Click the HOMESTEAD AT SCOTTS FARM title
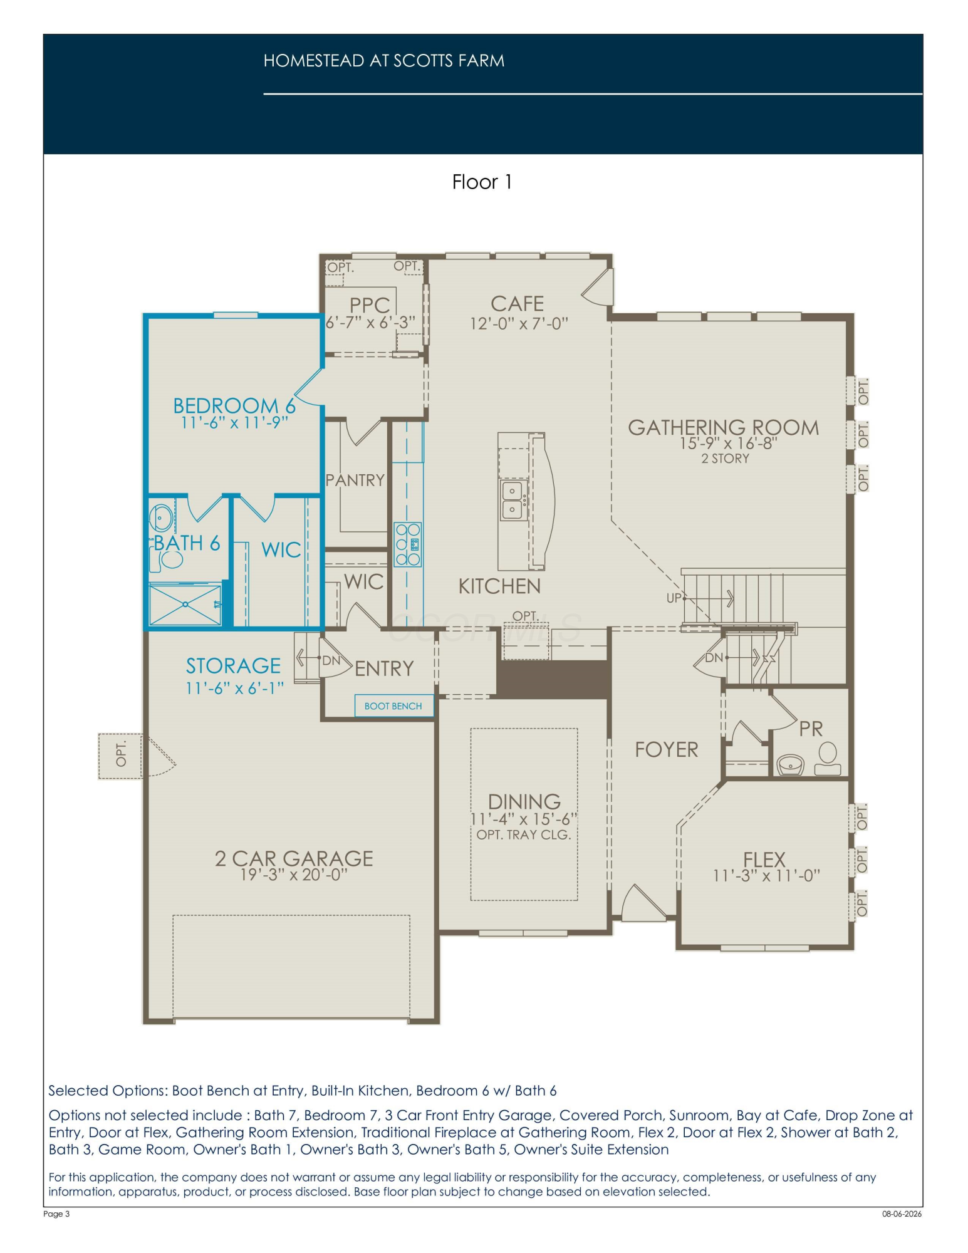[x=383, y=61]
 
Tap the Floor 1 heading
[x=482, y=182]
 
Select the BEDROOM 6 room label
[x=234, y=405]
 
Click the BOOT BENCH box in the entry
[x=393, y=706]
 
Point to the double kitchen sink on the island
[x=513, y=500]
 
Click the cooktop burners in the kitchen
[x=407, y=544]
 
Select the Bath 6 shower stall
[x=185, y=605]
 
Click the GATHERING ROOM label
[x=724, y=427]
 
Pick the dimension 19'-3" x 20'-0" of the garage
[x=294, y=875]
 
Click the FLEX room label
[x=764, y=859]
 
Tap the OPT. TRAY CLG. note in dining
[x=524, y=834]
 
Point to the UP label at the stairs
[x=674, y=598]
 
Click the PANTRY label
[x=355, y=480]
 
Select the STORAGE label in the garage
[x=233, y=665]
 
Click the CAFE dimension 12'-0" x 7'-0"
[x=519, y=323]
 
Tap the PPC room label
[x=370, y=305]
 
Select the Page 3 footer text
[x=56, y=1214]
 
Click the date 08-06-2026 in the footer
[x=902, y=1214]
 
